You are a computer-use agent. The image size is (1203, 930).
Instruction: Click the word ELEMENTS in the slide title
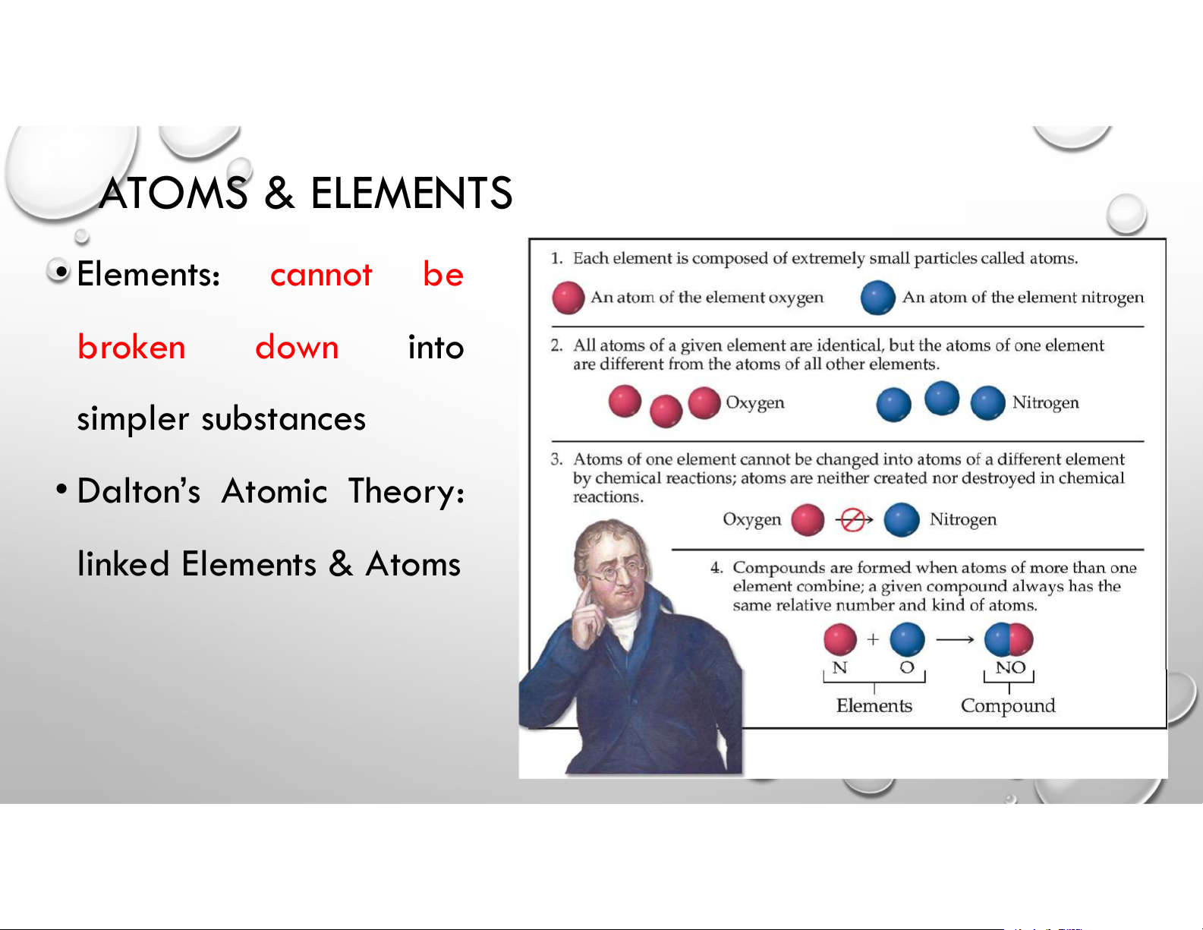411,193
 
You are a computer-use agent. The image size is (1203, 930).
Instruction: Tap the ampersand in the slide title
279,193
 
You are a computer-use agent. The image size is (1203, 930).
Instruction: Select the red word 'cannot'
321,275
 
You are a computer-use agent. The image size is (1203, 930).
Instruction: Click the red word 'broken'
131,347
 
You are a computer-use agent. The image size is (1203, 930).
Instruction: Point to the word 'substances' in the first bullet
283,418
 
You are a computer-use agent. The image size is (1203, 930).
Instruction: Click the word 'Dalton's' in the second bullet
138,491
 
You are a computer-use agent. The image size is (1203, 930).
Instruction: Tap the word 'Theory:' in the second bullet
406,492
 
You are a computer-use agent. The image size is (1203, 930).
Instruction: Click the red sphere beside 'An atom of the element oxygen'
568,298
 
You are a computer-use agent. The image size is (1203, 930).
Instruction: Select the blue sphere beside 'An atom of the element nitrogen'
878,298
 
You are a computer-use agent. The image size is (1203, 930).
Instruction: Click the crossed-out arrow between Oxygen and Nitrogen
854,520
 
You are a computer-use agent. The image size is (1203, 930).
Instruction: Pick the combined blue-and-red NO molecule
1009,639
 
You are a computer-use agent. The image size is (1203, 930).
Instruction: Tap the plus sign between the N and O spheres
873,639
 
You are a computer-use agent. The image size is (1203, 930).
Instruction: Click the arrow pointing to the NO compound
955,640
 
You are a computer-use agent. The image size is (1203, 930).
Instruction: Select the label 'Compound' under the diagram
1008,706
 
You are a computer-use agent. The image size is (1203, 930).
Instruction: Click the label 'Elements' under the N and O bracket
874,705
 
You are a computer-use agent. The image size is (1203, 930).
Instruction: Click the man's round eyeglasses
617,573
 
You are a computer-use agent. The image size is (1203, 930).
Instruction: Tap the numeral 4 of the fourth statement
716,568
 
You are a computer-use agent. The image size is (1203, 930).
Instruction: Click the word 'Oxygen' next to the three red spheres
755,402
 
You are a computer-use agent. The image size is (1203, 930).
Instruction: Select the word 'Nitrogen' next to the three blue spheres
1046,402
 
